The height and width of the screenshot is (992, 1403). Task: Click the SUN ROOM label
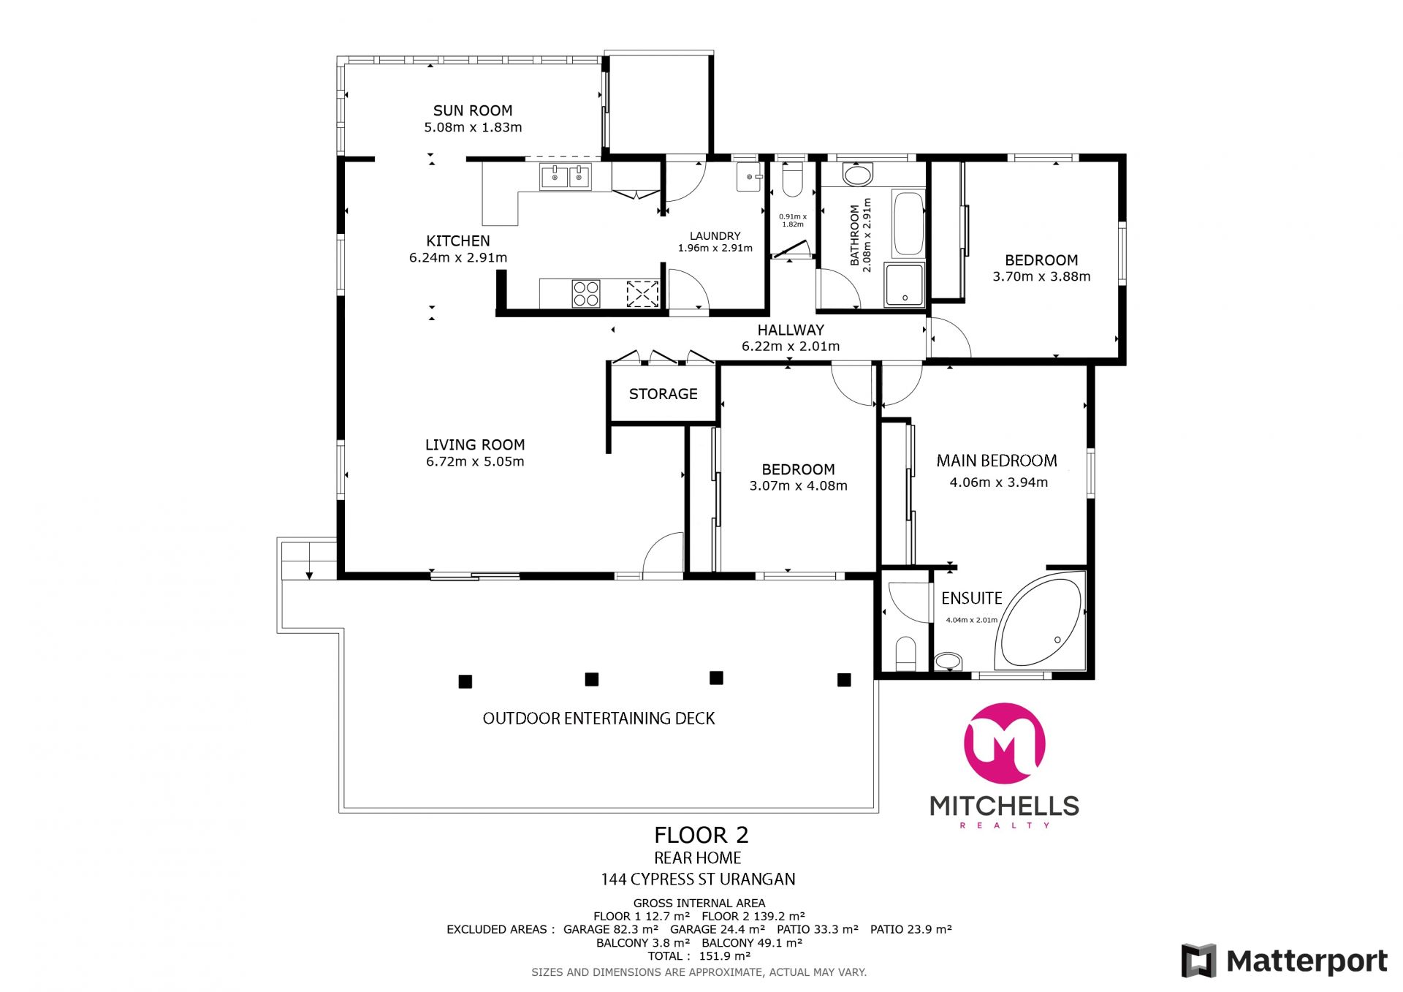click(x=473, y=110)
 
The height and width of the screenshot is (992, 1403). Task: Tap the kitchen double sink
click(x=566, y=176)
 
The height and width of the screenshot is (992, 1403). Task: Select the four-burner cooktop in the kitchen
click(x=586, y=293)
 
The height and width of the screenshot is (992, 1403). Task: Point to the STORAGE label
click(x=664, y=394)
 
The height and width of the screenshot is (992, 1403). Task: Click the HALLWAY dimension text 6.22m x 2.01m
click(x=791, y=347)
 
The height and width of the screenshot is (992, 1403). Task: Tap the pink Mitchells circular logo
click(x=1005, y=743)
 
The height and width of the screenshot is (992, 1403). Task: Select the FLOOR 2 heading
click(x=701, y=835)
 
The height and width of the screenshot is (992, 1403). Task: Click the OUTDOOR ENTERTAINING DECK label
click(x=599, y=719)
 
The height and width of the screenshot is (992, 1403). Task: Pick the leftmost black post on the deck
click(x=465, y=681)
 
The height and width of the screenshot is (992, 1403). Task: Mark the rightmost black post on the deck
click(x=844, y=680)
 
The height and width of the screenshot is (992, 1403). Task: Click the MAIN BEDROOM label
click(x=997, y=461)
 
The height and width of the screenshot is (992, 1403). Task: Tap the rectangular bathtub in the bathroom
click(x=908, y=224)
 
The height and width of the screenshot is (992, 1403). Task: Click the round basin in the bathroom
click(x=857, y=175)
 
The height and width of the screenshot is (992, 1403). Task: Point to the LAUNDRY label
click(x=715, y=236)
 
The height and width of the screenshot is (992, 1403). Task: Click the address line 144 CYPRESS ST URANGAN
click(x=699, y=879)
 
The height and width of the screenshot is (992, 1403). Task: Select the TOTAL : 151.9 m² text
click(x=699, y=955)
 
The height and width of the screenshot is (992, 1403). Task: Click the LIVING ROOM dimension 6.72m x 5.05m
click(x=475, y=461)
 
